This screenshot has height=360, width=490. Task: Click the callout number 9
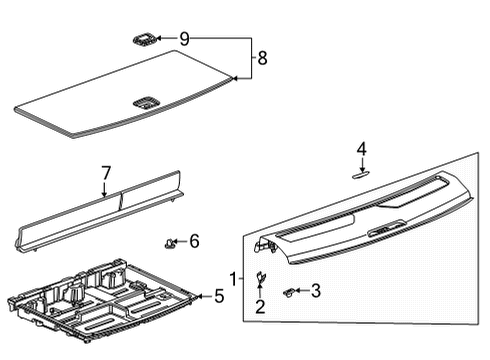pyautogui.click(x=184, y=39)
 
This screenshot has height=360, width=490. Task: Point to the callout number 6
pyautogui.click(x=194, y=241)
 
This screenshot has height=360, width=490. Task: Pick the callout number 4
pyautogui.click(x=362, y=149)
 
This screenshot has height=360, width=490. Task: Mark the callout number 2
pyautogui.click(x=261, y=307)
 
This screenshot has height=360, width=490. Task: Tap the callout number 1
pyautogui.click(x=233, y=277)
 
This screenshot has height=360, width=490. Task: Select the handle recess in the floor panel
pyautogui.click(x=145, y=100)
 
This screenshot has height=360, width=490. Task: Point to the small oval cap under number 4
pyautogui.click(x=362, y=171)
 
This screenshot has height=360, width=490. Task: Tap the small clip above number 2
pyautogui.click(x=261, y=277)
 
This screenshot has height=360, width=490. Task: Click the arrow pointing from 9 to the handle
pyautogui.click(x=166, y=39)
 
